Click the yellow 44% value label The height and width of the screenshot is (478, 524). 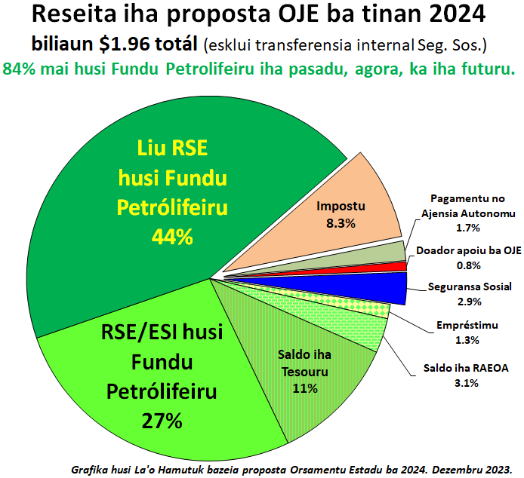point(172,237)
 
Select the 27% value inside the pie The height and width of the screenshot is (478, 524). point(162,420)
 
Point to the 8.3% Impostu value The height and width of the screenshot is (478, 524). point(341,223)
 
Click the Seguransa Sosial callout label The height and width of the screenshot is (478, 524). point(470,286)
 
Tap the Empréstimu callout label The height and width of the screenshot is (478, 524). point(467,325)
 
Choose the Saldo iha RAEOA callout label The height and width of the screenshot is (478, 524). point(466,368)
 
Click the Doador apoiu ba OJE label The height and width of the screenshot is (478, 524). point(469,250)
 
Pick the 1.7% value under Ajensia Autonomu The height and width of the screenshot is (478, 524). point(468,228)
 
